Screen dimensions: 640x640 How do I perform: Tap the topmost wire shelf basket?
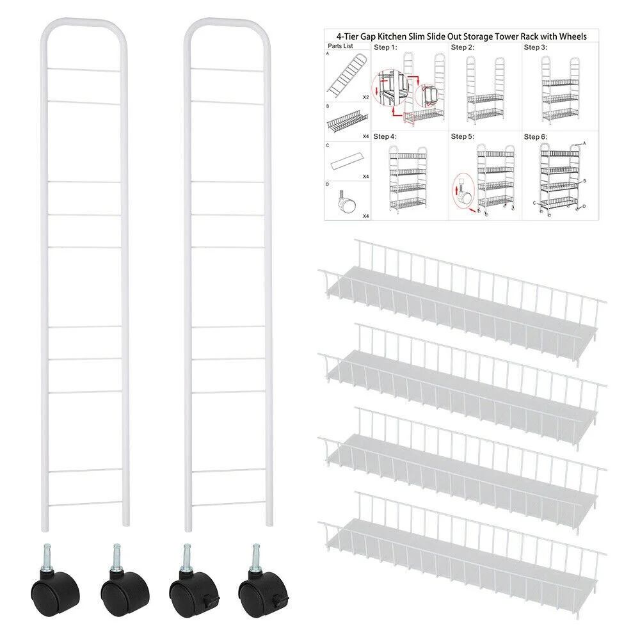pos(462,299)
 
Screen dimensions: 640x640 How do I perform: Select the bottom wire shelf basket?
pos(462,552)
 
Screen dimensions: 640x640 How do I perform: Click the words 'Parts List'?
pos(340,46)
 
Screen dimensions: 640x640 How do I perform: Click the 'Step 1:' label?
pos(385,47)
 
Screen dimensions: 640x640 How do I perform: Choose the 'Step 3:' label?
pos(536,47)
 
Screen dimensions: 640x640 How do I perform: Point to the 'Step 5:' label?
pos(463,136)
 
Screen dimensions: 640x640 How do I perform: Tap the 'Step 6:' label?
pos(536,136)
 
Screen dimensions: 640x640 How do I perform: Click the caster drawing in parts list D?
pos(346,201)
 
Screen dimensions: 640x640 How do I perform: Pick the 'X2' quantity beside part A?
pos(365,97)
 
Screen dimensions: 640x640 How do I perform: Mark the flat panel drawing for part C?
pos(346,161)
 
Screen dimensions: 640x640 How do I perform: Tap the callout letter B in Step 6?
pos(584,181)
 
